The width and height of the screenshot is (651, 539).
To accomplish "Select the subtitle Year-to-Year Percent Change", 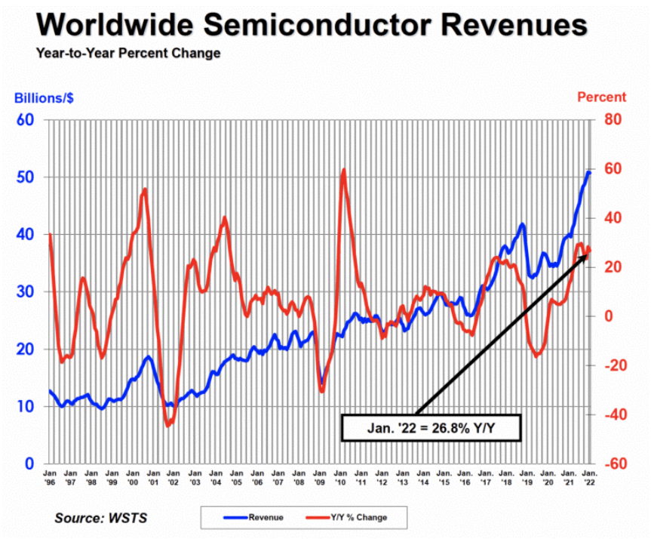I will (x=128, y=54).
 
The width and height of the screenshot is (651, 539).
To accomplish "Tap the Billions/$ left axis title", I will (x=43, y=97).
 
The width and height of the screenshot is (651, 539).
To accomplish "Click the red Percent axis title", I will (x=601, y=97).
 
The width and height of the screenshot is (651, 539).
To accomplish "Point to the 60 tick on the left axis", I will (x=26, y=120).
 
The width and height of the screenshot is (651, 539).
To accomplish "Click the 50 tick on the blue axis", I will (x=26, y=177).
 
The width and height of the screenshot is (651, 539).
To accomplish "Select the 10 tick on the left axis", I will (x=26, y=406).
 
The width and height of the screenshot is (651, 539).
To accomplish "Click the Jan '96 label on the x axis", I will (x=51, y=477).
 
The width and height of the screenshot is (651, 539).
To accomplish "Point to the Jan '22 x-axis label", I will (x=589, y=477).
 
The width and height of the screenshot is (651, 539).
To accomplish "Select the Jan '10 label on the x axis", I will (x=340, y=477).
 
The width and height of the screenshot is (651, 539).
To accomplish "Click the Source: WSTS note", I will (x=100, y=519).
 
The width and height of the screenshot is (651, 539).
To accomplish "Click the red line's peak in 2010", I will (x=343, y=171).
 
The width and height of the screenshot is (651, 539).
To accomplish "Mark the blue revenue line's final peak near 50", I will (x=588, y=172).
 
